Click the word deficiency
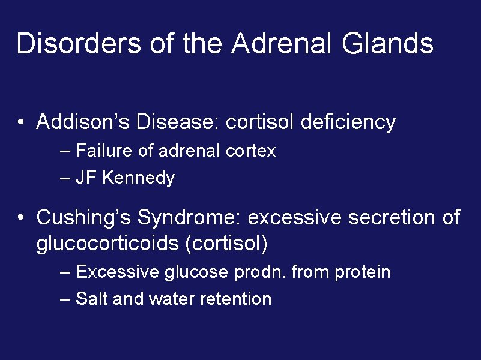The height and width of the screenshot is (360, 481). point(348,122)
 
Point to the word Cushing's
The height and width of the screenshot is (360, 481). point(84,217)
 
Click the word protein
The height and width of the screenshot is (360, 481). point(363,272)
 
